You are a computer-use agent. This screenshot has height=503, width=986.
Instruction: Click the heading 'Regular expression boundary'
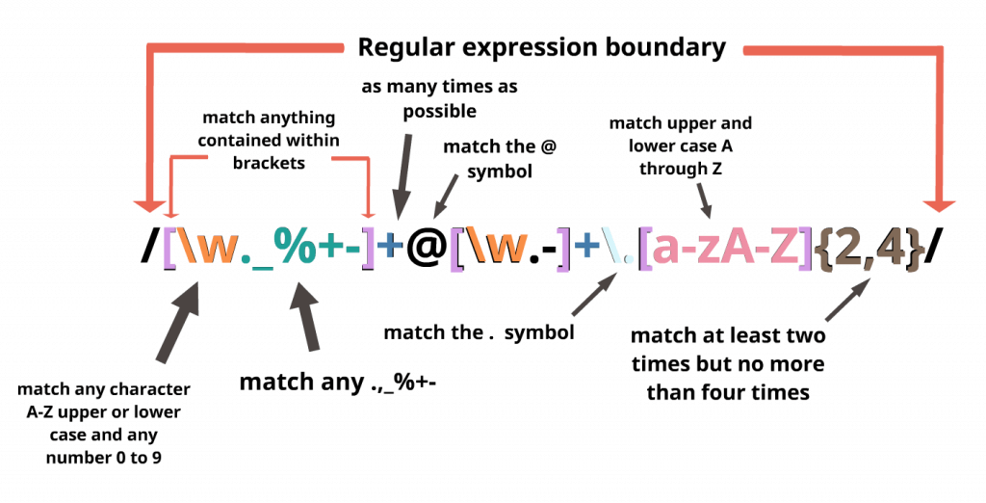(x=541, y=45)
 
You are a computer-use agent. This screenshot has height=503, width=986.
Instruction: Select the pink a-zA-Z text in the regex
(x=725, y=248)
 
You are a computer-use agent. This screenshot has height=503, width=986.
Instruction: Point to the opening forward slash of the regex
(x=150, y=248)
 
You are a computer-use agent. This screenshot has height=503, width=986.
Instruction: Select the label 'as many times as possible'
(x=439, y=98)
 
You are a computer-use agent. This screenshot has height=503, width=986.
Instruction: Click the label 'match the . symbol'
(x=479, y=332)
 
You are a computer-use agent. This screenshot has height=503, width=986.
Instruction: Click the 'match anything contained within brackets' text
(x=269, y=140)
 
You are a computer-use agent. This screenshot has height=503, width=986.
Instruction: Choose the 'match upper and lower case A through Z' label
(x=680, y=146)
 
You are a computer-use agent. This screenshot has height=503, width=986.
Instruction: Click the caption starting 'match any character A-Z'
(x=104, y=423)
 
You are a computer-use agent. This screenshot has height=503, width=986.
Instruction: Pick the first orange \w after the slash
(x=215, y=249)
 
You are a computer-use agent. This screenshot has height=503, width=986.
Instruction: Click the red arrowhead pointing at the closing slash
(x=939, y=205)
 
